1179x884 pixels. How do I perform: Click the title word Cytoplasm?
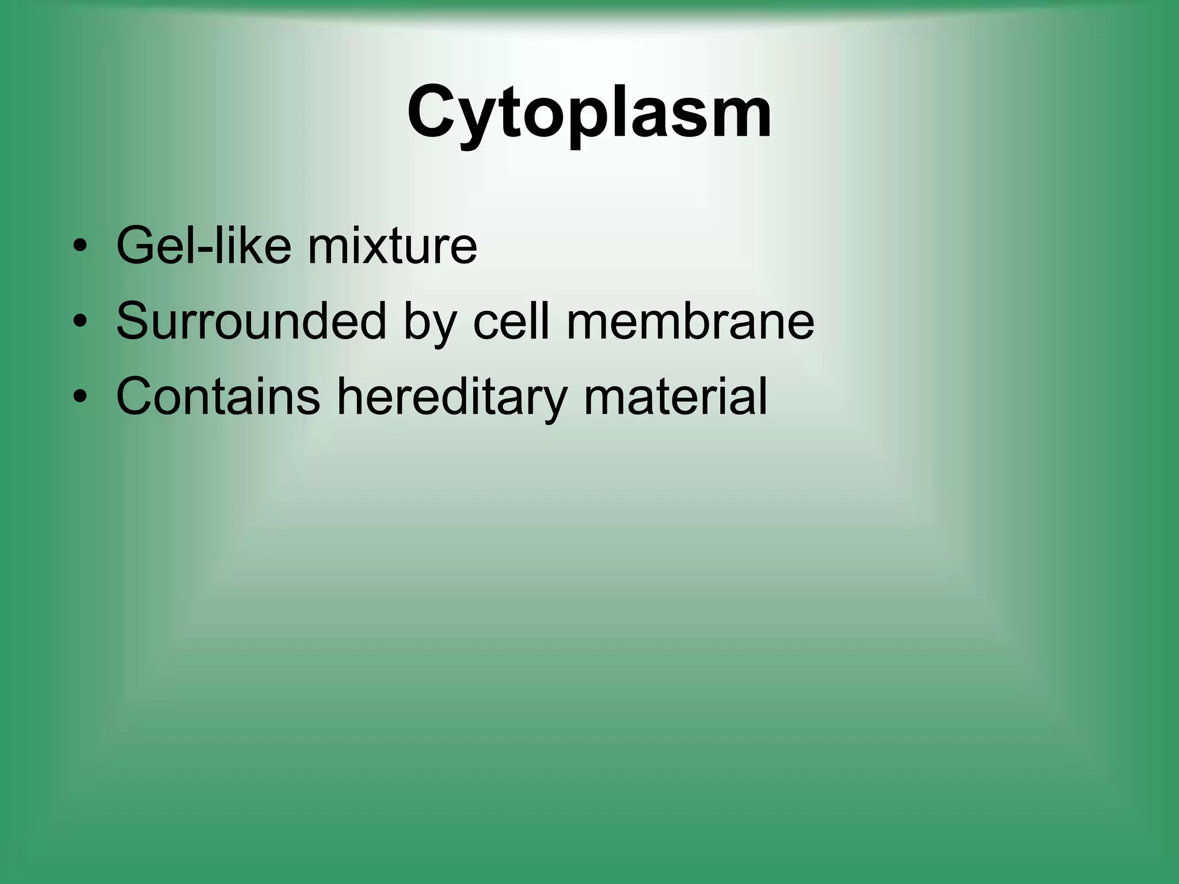(589, 112)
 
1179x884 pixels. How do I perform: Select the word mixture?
(392, 246)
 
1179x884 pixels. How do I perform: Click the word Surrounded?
(250, 321)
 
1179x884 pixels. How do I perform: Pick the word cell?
(511, 321)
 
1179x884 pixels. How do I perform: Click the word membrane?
(690, 321)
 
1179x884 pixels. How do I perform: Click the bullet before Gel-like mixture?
(80, 247)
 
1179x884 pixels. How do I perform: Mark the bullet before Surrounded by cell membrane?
(80, 322)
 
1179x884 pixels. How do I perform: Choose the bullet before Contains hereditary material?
(80, 397)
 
